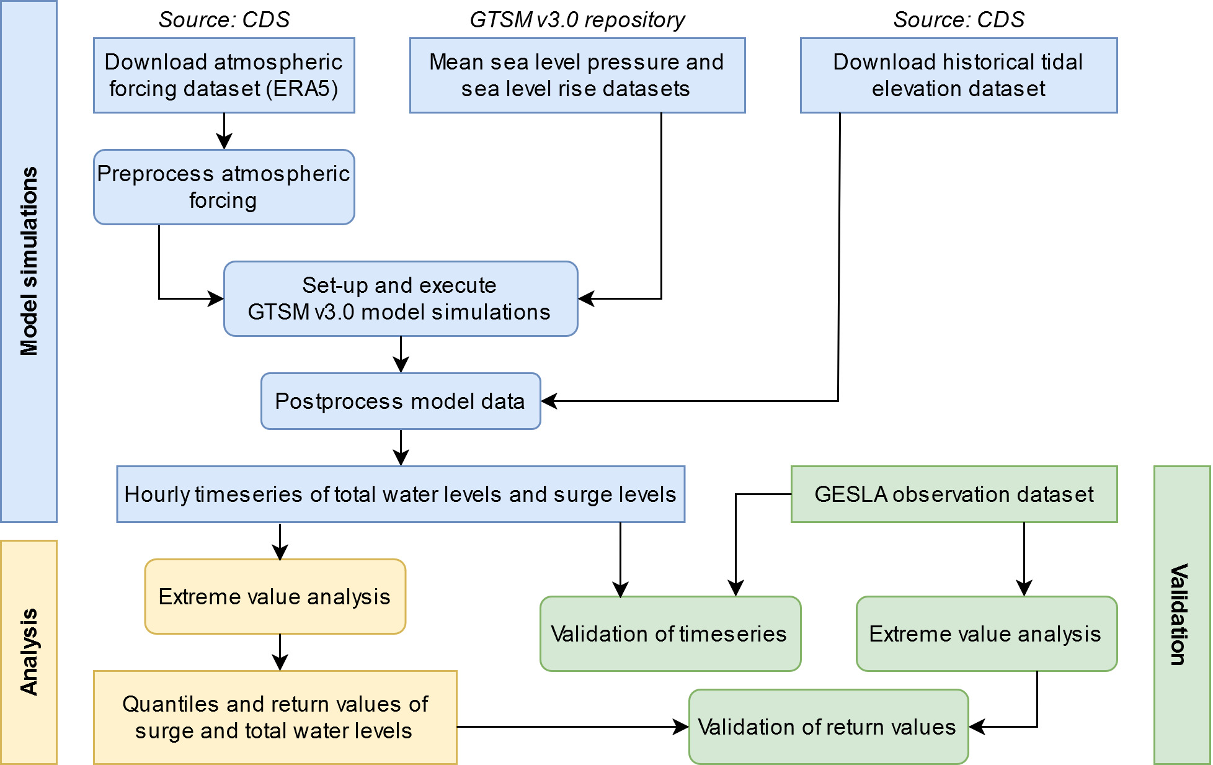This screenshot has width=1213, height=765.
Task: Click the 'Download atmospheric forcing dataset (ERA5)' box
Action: click(224, 75)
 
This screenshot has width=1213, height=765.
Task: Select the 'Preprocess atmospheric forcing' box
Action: click(224, 187)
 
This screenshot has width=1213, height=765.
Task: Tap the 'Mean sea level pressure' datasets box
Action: click(577, 75)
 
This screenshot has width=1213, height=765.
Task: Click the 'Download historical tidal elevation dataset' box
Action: click(959, 75)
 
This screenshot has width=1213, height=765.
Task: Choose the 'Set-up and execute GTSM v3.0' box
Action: click(401, 298)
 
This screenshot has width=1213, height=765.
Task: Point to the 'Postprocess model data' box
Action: click(401, 401)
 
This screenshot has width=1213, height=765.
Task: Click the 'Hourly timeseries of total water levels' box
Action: click(401, 494)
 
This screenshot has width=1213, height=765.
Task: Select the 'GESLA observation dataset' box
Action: click(954, 494)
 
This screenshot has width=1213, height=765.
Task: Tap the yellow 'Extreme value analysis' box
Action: click(275, 596)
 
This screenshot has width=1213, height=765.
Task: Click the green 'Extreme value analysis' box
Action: click(987, 633)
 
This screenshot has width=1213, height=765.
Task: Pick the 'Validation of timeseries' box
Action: click(670, 633)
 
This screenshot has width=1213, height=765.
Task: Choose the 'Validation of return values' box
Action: click(829, 727)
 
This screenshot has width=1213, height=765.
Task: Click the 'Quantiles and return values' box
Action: click(275, 717)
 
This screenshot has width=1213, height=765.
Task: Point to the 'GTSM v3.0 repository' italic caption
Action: click(577, 20)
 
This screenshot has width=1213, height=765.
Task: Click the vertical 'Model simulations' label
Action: click(29, 261)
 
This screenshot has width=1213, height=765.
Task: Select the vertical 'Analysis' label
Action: click(29, 652)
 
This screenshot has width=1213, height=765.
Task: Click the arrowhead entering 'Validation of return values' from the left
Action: click(681, 727)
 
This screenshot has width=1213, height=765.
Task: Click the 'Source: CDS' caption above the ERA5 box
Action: click(224, 20)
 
